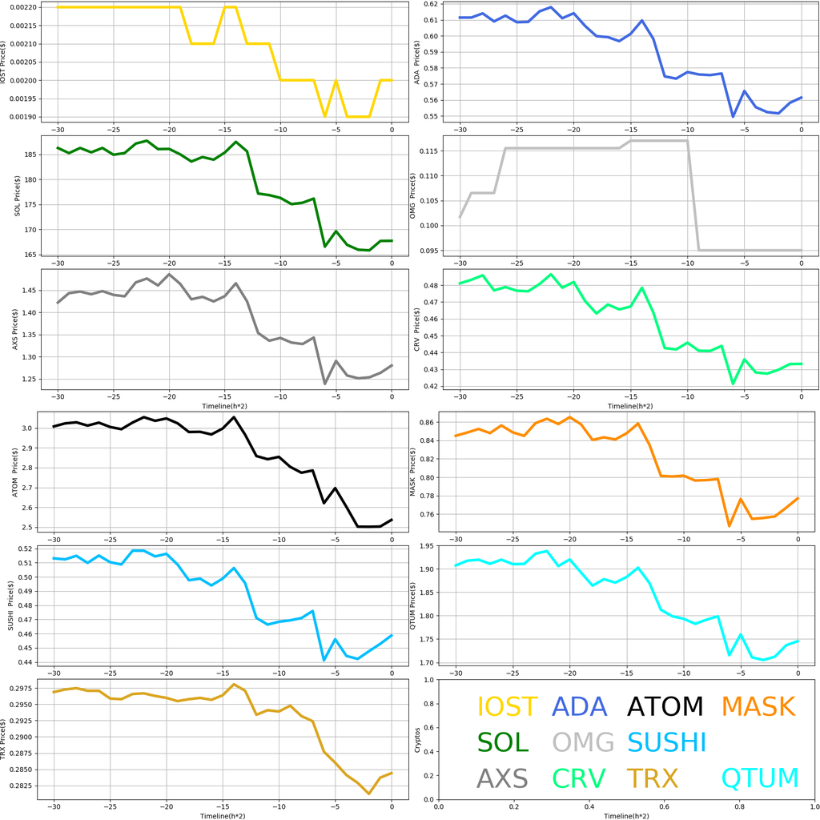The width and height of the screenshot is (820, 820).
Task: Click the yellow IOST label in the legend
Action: [x=508, y=706]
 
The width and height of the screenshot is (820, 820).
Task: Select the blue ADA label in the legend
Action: [x=585, y=706]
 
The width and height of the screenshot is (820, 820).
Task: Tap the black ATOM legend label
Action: [x=665, y=706]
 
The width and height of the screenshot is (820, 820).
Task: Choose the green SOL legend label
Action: [x=503, y=742]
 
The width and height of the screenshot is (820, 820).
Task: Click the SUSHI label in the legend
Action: [x=666, y=742]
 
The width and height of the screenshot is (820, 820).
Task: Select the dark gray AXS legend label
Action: [x=502, y=778]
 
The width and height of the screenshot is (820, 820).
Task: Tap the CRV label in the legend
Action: [x=579, y=778]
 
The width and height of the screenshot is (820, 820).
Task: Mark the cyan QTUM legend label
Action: [x=760, y=778]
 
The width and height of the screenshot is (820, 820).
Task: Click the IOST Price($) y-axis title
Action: [x=5, y=62]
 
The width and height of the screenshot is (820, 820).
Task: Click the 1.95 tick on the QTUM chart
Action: [x=428, y=546]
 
